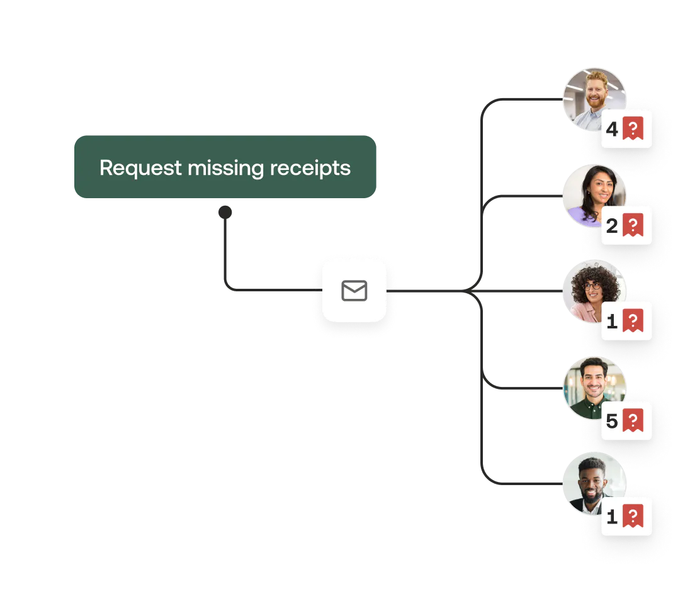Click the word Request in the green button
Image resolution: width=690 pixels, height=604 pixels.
click(x=140, y=168)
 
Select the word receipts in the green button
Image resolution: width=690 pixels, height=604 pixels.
click(x=310, y=169)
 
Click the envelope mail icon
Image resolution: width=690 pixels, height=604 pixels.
click(x=354, y=291)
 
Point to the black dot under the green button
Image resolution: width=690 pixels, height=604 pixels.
click(x=225, y=212)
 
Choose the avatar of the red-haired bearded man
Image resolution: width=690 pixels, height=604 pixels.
click(x=594, y=99)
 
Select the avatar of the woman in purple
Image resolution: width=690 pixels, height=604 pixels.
click(x=594, y=196)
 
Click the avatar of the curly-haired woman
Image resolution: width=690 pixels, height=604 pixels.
click(x=594, y=291)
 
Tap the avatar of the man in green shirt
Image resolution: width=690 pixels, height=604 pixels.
click(x=594, y=388)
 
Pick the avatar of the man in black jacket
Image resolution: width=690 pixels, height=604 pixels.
click(x=594, y=483)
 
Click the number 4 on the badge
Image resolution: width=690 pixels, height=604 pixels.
click(x=612, y=129)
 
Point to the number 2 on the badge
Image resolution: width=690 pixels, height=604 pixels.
click(x=612, y=226)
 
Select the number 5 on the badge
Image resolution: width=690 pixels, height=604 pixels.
click(x=612, y=421)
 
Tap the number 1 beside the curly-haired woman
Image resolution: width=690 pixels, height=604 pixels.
click(x=612, y=322)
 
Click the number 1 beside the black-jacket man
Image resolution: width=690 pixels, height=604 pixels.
click(x=612, y=517)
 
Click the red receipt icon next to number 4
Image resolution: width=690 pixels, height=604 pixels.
click(x=633, y=128)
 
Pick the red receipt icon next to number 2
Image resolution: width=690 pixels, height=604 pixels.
click(x=633, y=225)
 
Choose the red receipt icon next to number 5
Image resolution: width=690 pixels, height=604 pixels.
click(x=633, y=420)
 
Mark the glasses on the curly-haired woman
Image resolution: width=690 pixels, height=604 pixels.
click(x=592, y=286)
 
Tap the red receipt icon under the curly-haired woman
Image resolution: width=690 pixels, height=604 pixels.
click(x=633, y=321)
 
